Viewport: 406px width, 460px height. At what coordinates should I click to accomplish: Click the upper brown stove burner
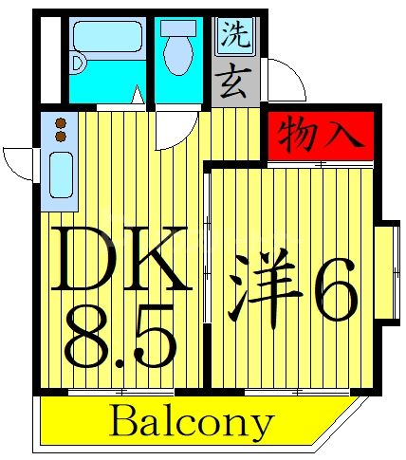pyautogui.click(x=60, y=122)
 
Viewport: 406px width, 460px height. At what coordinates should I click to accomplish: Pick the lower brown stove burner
pyautogui.click(x=60, y=137)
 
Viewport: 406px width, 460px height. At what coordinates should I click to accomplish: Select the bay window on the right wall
pyautogui.click(x=387, y=271)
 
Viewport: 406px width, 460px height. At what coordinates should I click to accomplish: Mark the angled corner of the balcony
pyautogui.click(x=350, y=417)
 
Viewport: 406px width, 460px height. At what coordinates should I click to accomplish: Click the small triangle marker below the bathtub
pyautogui.click(x=137, y=96)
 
